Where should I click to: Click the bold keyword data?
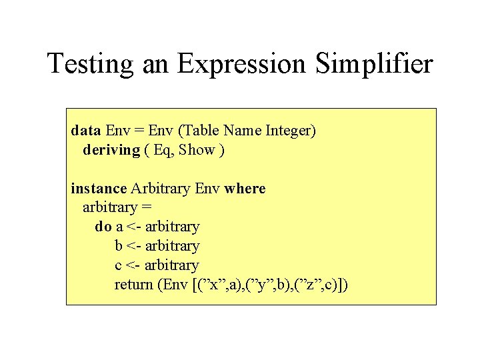[x=86, y=131]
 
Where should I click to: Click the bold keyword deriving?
[x=111, y=150]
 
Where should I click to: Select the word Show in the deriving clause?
[x=197, y=150]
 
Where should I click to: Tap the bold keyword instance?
[x=99, y=189]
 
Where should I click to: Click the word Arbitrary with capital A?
[x=161, y=189]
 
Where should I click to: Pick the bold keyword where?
[x=245, y=189]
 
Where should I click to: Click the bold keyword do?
[x=103, y=227]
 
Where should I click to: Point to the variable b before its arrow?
[x=119, y=246]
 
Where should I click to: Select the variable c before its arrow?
[x=118, y=265]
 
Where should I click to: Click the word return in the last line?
[x=134, y=285]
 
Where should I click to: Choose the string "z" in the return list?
[x=313, y=285]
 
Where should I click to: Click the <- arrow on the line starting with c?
[x=133, y=265]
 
